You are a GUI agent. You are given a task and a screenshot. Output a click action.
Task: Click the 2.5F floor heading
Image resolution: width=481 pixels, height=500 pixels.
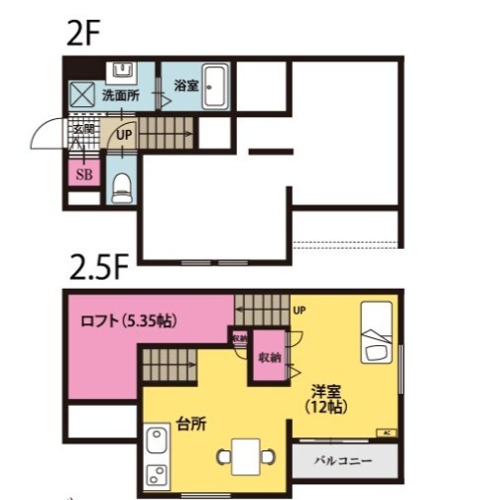point(98,269)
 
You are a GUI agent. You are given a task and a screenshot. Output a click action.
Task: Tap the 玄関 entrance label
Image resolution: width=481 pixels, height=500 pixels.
point(82,128)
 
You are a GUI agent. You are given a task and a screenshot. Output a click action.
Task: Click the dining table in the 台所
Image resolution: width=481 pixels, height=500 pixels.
point(243,454)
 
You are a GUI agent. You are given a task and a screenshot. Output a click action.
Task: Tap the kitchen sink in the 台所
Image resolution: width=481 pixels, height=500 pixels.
point(156,439)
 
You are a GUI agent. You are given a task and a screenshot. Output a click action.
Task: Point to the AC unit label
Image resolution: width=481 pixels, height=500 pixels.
point(386,433)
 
